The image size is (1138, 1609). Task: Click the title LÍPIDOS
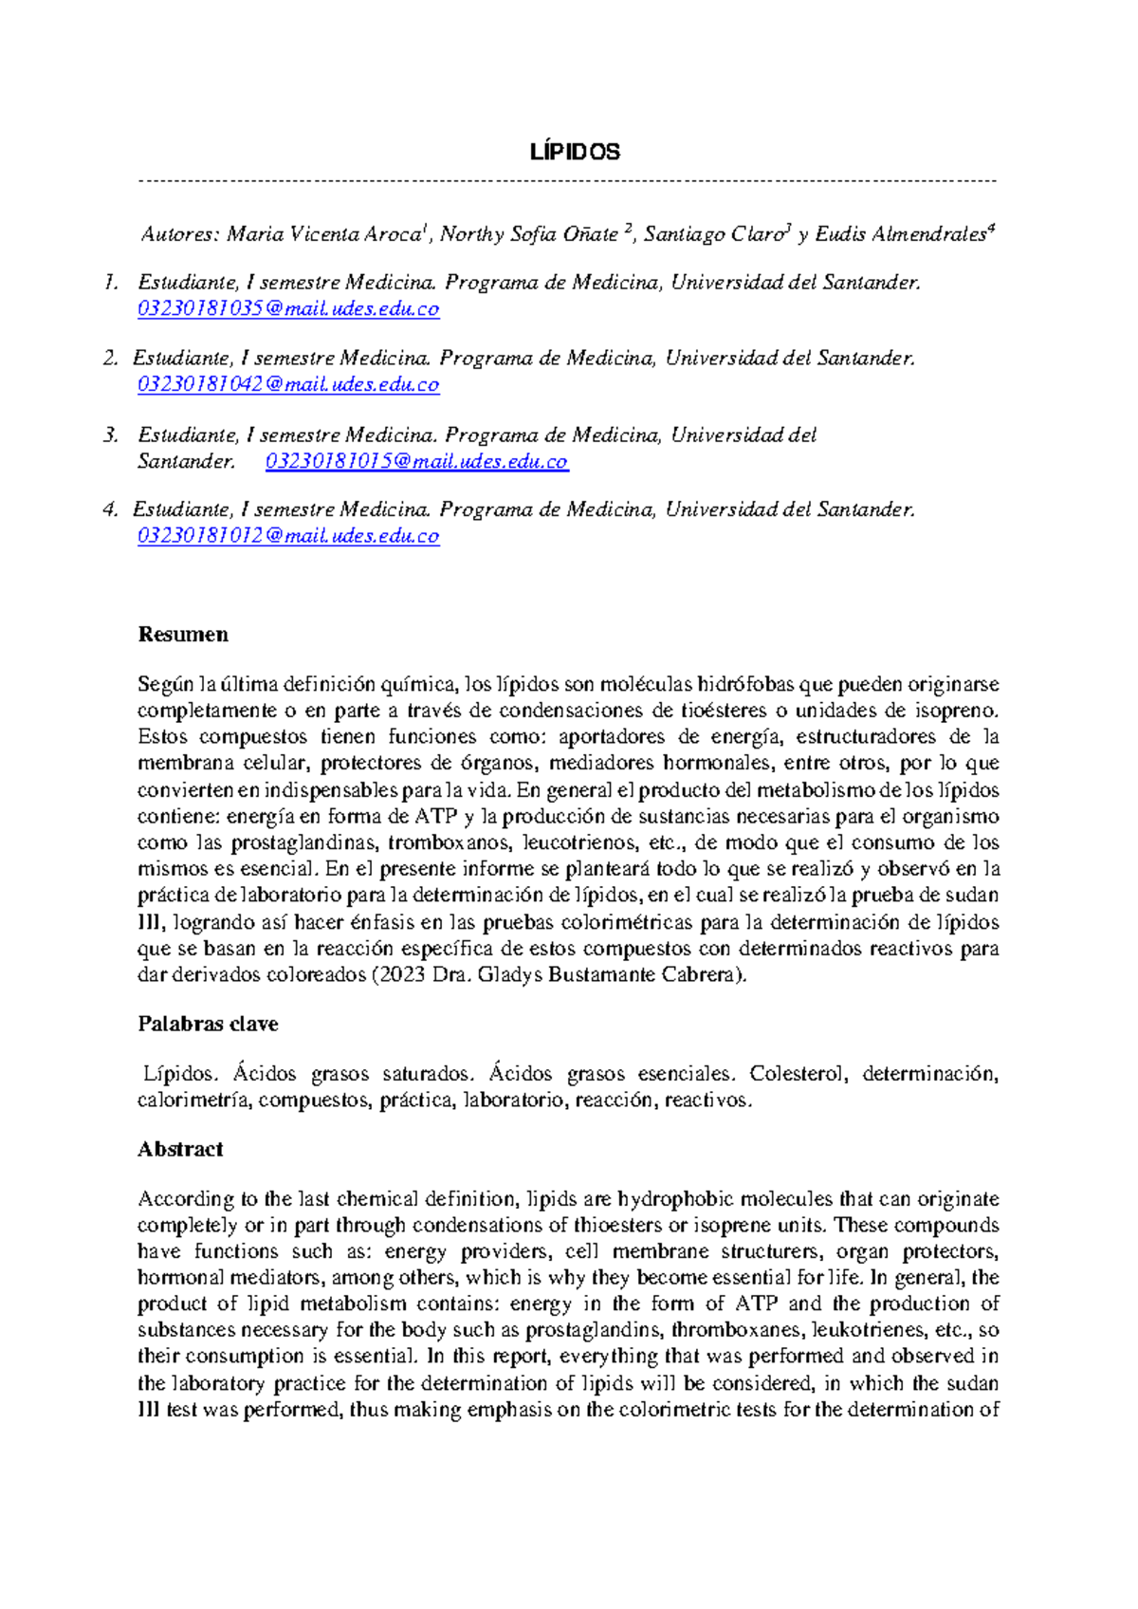click(574, 152)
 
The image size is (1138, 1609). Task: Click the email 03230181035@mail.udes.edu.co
click(288, 309)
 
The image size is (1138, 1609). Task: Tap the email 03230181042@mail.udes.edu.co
click(288, 385)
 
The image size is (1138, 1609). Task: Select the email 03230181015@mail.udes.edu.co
click(416, 462)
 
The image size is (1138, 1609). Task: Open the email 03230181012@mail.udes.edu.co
click(288, 537)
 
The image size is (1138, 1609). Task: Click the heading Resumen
click(183, 635)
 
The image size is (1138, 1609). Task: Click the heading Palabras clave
click(208, 1025)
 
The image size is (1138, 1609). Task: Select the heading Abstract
click(180, 1150)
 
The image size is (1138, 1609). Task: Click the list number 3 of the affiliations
click(112, 435)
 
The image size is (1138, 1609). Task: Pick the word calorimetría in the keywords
click(193, 1100)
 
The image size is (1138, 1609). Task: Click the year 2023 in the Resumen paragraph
click(401, 975)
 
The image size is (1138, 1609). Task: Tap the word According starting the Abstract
click(185, 1199)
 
